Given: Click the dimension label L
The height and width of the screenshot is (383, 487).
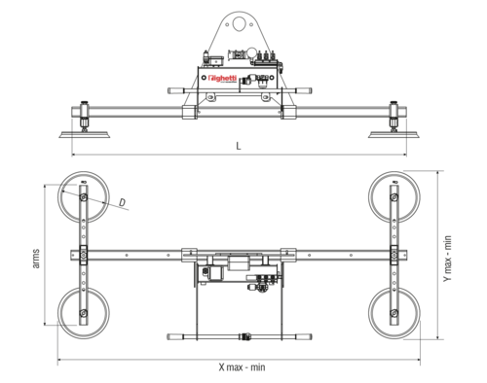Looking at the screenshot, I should tap(239, 146).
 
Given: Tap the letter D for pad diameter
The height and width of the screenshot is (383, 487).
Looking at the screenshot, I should tap(123, 202).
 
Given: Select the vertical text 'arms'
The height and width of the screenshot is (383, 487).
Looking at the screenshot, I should tap(36, 259).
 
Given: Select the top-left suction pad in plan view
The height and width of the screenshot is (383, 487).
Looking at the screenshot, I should tap(85, 198).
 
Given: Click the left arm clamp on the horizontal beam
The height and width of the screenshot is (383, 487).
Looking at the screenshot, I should tap(85, 255).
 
